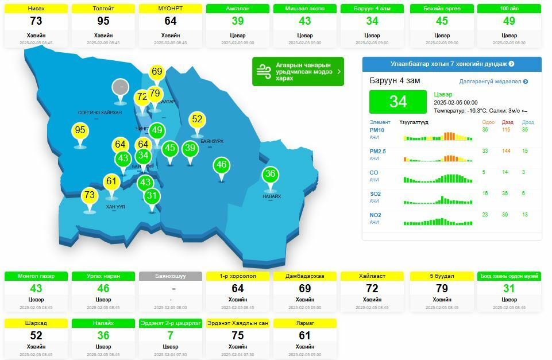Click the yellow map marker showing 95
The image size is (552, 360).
pos(80,131)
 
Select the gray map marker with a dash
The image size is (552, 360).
pos(121,87)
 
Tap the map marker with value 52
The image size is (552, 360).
pos(197,120)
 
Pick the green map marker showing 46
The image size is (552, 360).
pos(222,165)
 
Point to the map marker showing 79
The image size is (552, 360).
pos(155,94)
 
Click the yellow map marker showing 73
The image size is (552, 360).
pos(89,196)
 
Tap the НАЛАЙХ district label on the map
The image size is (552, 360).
pos(272,196)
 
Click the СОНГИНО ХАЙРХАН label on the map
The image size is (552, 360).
pos(100,113)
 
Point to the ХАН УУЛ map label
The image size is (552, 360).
pos(115,207)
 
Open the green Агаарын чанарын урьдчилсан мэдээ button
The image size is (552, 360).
pos(298,72)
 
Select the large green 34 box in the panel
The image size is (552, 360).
pos(397,102)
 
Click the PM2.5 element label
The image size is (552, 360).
pos(377,151)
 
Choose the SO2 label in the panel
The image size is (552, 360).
pos(375,194)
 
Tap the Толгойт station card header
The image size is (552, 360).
pos(103,9)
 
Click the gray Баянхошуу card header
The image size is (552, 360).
pos(171,276)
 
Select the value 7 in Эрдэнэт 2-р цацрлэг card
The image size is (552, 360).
pos(171,335)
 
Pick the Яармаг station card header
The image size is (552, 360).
pos(304,323)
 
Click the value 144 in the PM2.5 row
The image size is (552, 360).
pos(506,151)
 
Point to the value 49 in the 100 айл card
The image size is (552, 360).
pos(509,21)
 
